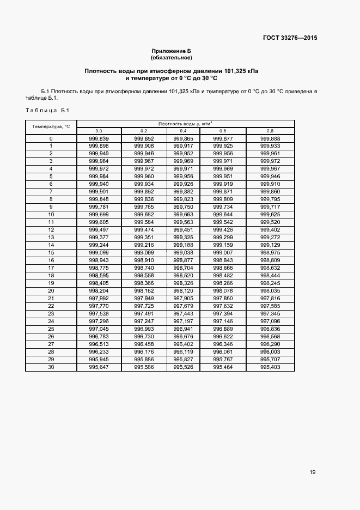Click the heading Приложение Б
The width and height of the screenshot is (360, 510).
click(x=172, y=51)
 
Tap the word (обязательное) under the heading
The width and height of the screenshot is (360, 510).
click(x=172, y=57)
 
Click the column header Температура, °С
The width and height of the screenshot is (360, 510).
click(x=51, y=126)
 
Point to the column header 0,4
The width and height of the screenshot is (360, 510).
click(x=182, y=131)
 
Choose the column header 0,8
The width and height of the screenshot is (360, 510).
click(x=270, y=131)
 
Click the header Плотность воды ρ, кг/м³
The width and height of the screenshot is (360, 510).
click(x=185, y=124)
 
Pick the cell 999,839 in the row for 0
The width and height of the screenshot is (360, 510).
click(x=99, y=138)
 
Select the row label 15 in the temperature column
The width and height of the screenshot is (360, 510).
click(x=51, y=253)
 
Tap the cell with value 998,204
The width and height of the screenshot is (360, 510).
click(x=99, y=291)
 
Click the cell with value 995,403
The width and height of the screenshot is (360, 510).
click(x=270, y=367)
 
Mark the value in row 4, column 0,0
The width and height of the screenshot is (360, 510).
click(x=99, y=169)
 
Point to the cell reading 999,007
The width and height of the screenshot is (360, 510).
click(x=223, y=253)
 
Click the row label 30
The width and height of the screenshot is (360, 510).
click(x=51, y=367)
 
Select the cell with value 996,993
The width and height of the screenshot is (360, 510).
click(x=144, y=329)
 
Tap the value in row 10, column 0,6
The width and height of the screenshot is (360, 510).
click(x=223, y=215)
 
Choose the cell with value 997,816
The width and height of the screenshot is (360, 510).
click(x=270, y=299)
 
